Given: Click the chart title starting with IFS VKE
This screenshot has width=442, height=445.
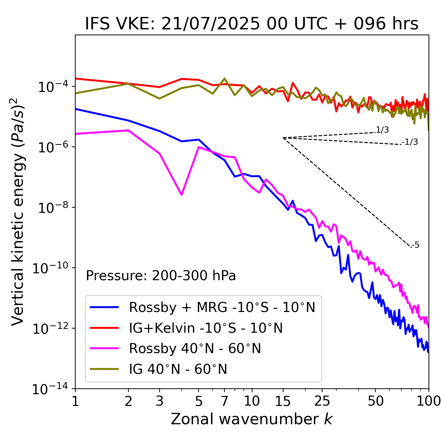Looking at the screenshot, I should (252, 24).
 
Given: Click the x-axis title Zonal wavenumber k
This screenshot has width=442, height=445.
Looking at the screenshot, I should (252, 419).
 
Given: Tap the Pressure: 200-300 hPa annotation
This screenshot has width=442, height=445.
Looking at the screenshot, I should (161, 276).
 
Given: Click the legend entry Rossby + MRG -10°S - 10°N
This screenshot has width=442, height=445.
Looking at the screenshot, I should (222, 307).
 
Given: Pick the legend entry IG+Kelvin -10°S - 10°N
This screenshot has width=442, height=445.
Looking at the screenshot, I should (206, 328).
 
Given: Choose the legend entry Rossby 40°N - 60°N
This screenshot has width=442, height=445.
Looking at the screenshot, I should (195, 349).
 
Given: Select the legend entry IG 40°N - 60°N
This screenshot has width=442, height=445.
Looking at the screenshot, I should (178, 369).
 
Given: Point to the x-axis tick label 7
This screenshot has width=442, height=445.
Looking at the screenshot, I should (224, 401).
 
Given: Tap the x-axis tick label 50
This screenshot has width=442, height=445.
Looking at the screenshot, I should (375, 401).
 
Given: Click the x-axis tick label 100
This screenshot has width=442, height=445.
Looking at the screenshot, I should (429, 401).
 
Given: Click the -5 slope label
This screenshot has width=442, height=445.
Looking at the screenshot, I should (415, 245).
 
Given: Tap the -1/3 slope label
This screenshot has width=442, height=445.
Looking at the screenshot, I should (410, 142).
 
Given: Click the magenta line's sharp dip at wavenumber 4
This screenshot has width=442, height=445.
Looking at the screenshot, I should (182, 195).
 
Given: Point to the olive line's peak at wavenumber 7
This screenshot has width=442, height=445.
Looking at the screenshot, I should (224, 79).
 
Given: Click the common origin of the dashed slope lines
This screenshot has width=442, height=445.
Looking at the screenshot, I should (283, 138).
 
